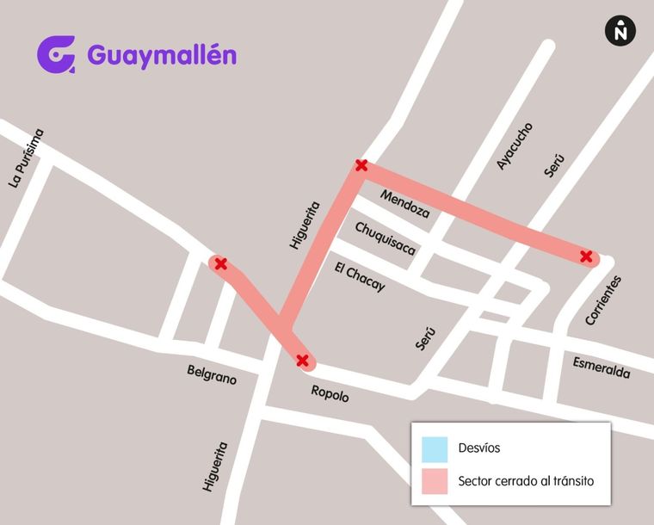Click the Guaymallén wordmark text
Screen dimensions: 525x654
pyautogui.click(x=162, y=55)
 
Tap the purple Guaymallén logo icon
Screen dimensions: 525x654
pyautogui.click(x=56, y=54)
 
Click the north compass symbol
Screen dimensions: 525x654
pyautogui.click(x=620, y=31)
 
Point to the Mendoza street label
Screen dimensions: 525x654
pyautogui.click(x=404, y=202)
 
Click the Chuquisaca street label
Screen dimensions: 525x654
pyautogui.click(x=386, y=238)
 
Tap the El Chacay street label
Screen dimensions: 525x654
pyautogui.click(x=360, y=277)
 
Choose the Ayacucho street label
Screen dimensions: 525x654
pyautogui.click(x=515, y=145)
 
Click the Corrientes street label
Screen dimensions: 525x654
pyautogui.click(x=602, y=300)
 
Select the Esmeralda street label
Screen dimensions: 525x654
pyautogui.click(x=602, y=367)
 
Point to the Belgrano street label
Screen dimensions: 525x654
pyautogui.click(x=212, y=374)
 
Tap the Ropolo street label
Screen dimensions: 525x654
pyautogui.click(x=330, y=394)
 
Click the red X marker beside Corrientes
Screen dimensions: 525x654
pyautogui.click(x=586, y=256)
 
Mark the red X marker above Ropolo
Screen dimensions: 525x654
pyautogui.click(x=302, y=360)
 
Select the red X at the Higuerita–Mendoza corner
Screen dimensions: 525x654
pyautogui.click(x=361, y=165)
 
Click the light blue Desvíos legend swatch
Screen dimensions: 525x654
pyautogui.click(x=435, y=449)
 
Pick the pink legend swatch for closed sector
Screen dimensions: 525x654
pyautogui.click(x=435, y=481)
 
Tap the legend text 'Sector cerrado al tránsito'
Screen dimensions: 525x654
pyautogui.click(x=526, y=481)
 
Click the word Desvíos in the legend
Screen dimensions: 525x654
pyautogui.click(x=479, y=448)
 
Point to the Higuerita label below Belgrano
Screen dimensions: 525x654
pyautogui.click(x=214, y=466)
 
